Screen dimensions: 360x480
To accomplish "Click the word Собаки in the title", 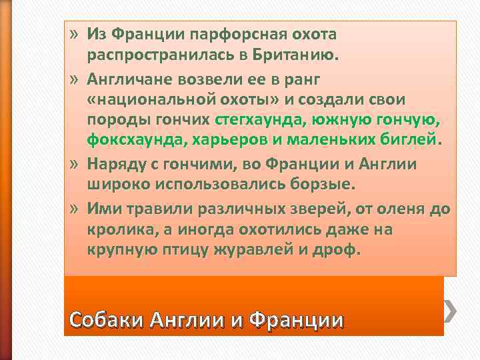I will click(x=107, y=320).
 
